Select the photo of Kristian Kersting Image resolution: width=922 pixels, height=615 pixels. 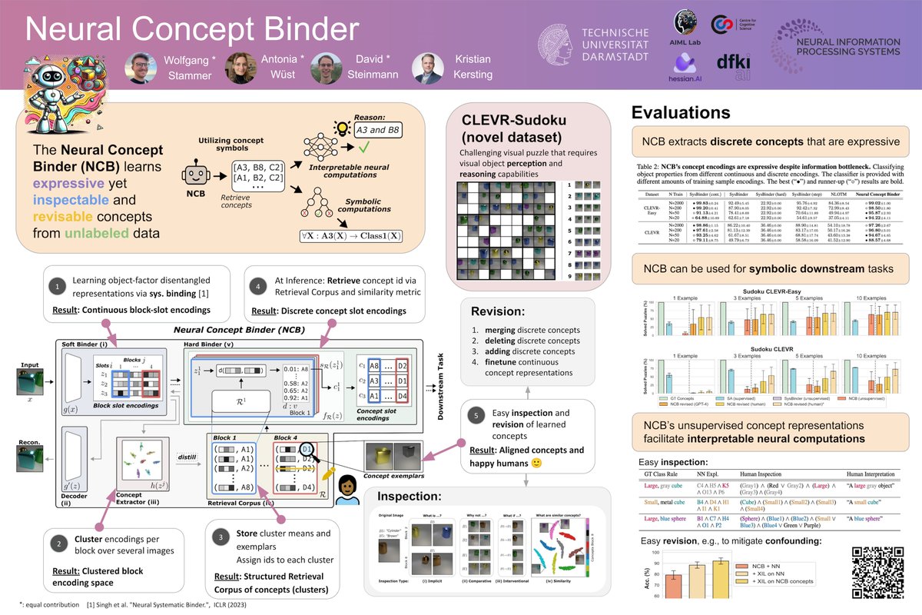(426, 68)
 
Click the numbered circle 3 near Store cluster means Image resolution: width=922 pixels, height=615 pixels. (220, 535)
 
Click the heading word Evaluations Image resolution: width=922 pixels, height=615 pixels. (681, 112)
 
